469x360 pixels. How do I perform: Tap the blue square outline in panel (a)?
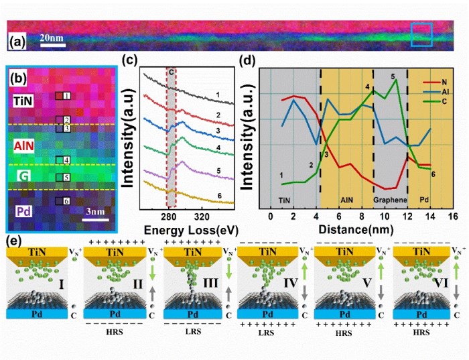(x=421, y=34)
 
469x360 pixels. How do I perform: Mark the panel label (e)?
(x=13, y=239)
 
